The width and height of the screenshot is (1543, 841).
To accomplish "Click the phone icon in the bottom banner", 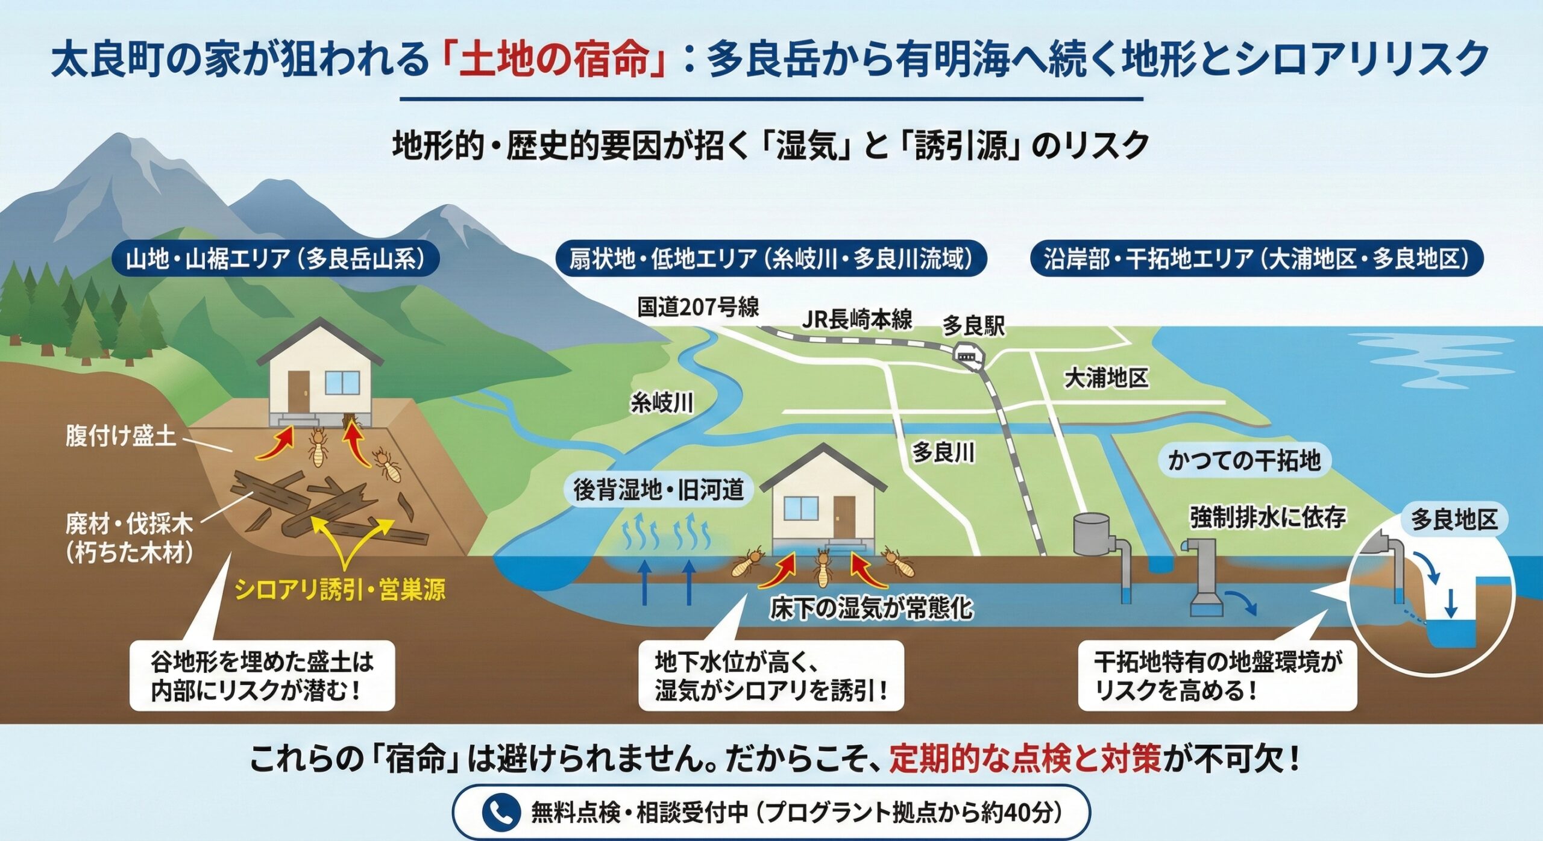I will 501,812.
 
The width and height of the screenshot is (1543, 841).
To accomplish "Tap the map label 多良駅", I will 973,326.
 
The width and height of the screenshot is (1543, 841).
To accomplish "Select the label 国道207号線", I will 698,307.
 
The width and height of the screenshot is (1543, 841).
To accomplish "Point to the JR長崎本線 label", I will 856,319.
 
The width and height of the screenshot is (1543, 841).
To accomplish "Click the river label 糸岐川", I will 662,402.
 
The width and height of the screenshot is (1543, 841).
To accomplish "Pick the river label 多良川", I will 943,452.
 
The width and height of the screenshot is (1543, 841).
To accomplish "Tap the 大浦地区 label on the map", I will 1106,378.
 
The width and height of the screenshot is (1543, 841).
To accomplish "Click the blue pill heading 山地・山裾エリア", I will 275,259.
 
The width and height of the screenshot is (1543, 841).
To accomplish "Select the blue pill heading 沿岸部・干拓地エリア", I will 1256,259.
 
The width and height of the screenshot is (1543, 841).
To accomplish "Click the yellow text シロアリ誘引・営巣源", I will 340,589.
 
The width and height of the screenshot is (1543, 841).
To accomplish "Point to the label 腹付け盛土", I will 121,435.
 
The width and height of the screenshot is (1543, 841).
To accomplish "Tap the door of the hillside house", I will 298,390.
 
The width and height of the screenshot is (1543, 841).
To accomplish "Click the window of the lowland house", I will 800,509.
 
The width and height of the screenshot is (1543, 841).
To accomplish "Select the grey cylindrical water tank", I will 1092,533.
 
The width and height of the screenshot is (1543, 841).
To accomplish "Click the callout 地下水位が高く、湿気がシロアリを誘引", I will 771,675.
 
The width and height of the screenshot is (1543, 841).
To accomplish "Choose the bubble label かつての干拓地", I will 1244,461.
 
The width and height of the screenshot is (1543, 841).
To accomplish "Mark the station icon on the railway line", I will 966,357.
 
